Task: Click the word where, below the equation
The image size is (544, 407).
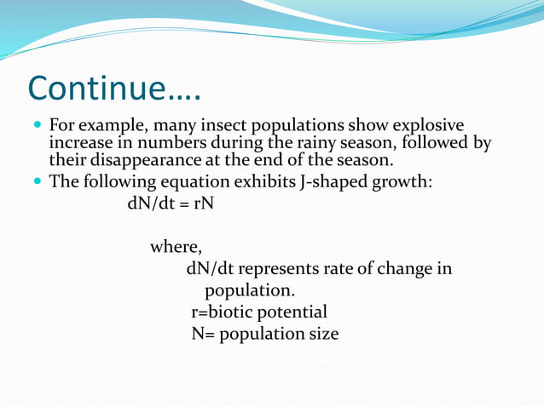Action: coord(176,248)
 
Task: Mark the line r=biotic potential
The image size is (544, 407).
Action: coord(259,312)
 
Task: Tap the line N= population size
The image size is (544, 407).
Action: coord(264,334)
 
